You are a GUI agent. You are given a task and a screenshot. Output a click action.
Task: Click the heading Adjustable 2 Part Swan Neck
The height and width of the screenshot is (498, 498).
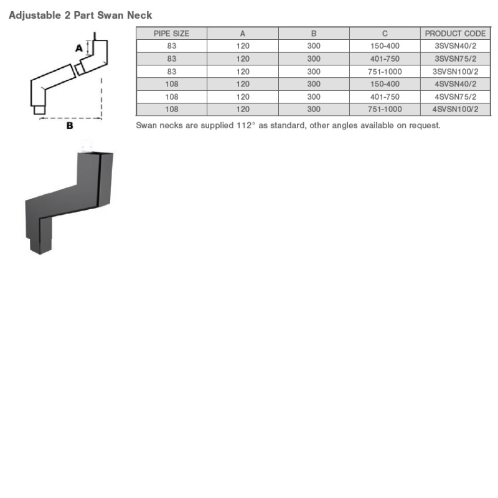pyautogui.click(x=80, y=15)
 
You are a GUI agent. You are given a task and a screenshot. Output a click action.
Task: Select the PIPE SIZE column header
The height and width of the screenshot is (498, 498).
pyautogui.click(x=171, y=34)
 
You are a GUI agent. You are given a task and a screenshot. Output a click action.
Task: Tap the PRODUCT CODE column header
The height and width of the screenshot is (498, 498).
pyautogui.click(x=455, y=34)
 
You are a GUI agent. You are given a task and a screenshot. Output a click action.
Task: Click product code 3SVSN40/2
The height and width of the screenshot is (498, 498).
pyautogui.click(x=455, y=46)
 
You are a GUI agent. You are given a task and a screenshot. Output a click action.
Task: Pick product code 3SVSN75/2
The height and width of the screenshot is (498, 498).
pyautogui.click(x=455, y=59)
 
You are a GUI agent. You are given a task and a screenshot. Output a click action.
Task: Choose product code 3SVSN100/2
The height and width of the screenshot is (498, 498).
pyautogui.click(x=455, y=72)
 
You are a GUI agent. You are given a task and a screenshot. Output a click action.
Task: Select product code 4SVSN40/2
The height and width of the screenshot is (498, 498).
pyautogui.click(x=455, y=84)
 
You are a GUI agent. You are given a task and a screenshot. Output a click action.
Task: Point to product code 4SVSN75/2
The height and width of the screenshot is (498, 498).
pyautogui.click(x=455, y=96)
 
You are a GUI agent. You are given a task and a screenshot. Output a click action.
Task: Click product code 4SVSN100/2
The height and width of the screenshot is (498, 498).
pyautogui.click(x=455, y=109)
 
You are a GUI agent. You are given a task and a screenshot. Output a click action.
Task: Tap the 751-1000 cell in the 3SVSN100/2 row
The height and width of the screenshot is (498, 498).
pyautogui.click(x=385, y=72)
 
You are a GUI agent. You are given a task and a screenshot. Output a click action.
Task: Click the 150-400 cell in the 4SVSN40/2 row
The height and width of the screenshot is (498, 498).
pyautogui.click(x=385, y=84)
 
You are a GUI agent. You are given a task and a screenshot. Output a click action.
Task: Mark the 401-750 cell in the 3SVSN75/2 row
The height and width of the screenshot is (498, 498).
pyautogui.click(x=385, y=59)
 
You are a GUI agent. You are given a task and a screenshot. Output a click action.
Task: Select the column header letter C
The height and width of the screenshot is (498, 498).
pyautogui.click(x=385, y=34)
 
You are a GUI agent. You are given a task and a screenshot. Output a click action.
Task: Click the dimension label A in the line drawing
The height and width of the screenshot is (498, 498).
pyautogui.click(x=79, y=47)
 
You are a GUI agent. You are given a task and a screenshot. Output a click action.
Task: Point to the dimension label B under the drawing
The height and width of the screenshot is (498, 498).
pyautogui.click(x=70, y=125)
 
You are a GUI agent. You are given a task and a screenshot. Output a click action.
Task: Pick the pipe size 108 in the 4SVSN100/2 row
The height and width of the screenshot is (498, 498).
pyautogui.click(x=171, y=109)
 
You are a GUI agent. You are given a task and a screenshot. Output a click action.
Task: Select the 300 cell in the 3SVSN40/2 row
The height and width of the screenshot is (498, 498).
pyautogui.click(x=314, y=46)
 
